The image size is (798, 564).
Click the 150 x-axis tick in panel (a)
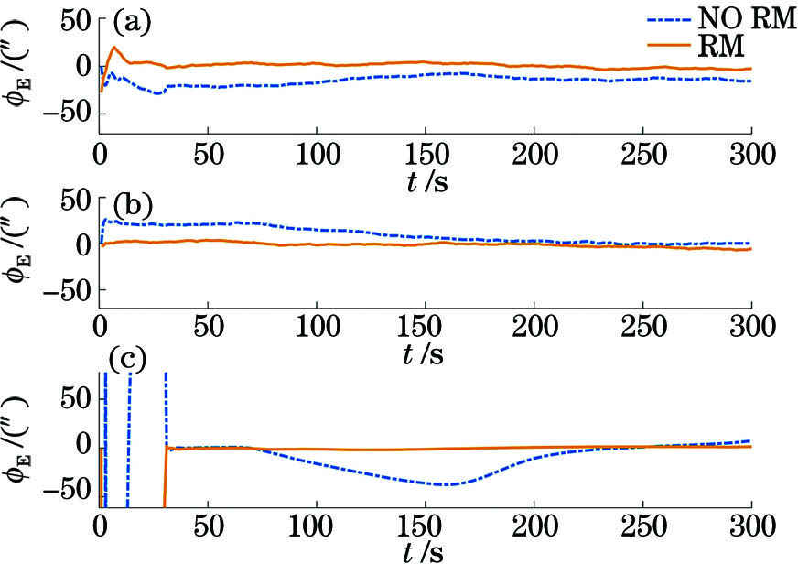425,151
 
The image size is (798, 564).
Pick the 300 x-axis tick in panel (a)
750,151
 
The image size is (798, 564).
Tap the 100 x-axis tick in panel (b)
317,325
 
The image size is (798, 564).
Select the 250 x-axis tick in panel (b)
642,325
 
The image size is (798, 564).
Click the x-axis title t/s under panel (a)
425,180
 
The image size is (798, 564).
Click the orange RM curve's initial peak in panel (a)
114,47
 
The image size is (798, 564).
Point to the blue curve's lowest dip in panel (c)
445,483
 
